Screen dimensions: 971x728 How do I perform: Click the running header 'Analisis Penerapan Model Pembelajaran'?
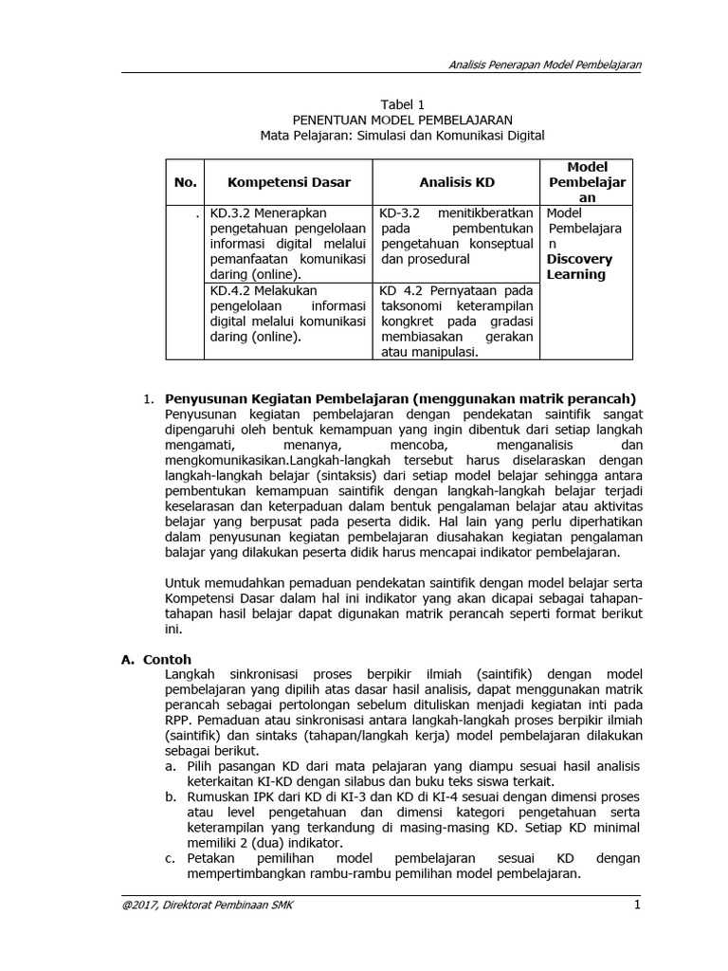pyautogui.click(x=544, y=64)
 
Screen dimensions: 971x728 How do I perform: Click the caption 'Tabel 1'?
pyautogui.click(x=403, y=103)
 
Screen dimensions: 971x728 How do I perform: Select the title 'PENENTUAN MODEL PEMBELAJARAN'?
pyautogui.click(x=403, y=119)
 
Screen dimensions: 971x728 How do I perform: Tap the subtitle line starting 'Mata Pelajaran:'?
pyautogui.click(x=403, y=136)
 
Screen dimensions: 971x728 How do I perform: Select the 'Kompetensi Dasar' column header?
pyautogui.click(x=288, y=182)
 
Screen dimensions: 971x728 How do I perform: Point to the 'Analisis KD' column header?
pyautogui.click(x=457, y=182)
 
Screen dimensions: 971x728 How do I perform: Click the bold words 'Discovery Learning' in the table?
pyautogui.click(x=579, y=266)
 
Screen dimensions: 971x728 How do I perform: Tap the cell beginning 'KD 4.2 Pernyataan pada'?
pyautogui.click(x=456, y=321)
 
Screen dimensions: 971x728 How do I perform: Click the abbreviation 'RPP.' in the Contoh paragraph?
pyautogui.click(x=180, y=720)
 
